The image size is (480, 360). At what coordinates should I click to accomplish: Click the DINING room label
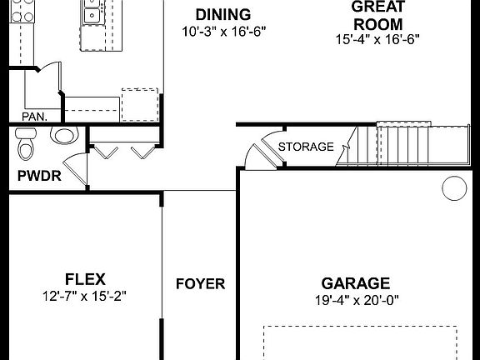(x=222, y=14)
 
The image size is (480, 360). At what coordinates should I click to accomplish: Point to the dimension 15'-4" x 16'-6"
(x=377, y=39)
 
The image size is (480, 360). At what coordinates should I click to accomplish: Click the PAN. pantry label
(x=34, y=117)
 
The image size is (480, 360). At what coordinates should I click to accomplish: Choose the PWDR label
(x=35, y=176)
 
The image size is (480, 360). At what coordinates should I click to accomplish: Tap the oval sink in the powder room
(x=63, y=135)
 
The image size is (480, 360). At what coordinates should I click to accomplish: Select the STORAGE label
(x=306, y=147)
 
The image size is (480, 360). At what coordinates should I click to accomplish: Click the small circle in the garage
(x=453, y=189)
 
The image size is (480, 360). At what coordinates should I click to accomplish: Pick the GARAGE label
(x=357, y=283)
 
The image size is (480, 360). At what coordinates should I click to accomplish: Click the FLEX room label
(x=84, y=278)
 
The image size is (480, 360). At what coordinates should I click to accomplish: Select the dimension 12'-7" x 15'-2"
(x=84, y=296)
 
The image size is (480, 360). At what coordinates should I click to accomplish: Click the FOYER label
(x=200, y=283)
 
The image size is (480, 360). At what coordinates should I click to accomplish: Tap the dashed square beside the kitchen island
(x=139, y=104)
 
